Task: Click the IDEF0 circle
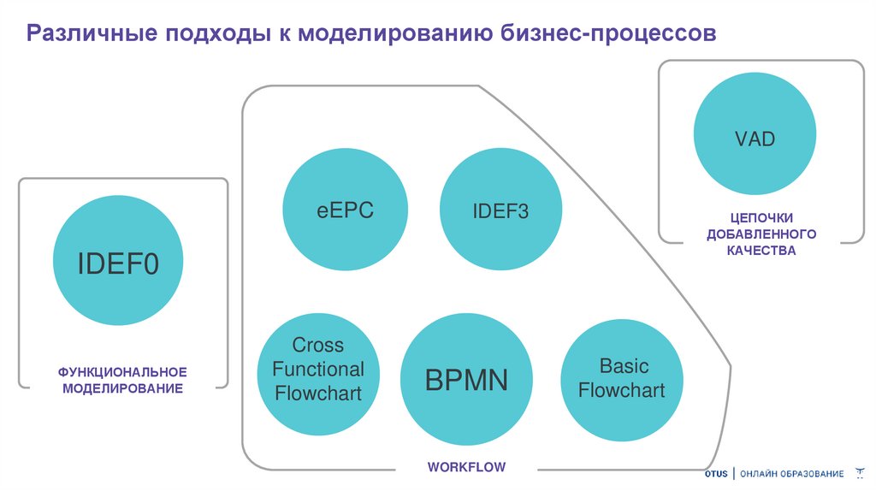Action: (x=118, y=263)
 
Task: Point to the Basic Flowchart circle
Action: (x=622, y=379)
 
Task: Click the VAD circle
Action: (x=754, y=138)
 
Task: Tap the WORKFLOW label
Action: (x=466, y=467)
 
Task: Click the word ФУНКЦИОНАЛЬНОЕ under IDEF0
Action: (x=122, y=373)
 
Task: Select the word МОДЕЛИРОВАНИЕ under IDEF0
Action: (x=122, y=388)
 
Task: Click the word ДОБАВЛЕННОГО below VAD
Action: (x=761, y=234)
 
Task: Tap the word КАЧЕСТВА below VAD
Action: (x=761, y=251)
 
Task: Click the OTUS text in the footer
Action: (x=716, y=474)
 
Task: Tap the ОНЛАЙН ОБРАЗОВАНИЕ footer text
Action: (x=791, y=474)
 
